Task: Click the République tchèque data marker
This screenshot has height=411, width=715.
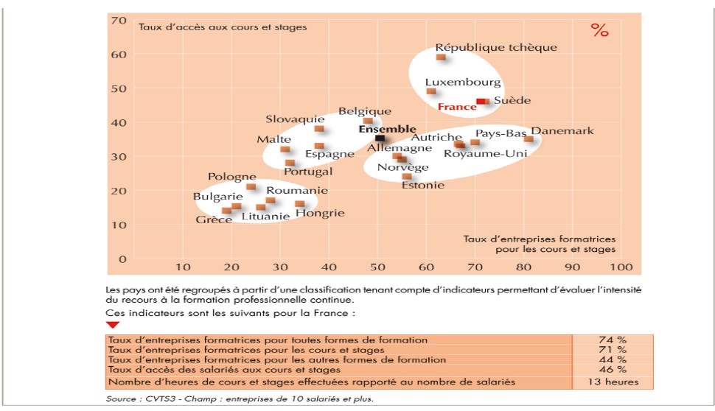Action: (x=441, y=57)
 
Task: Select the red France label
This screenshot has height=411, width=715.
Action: (x=457, y=107)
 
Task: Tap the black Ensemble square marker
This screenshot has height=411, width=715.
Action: (x=380, y=138)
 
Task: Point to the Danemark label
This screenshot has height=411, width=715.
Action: (x=562, y=131)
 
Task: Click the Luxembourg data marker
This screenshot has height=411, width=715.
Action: (x=431, y=91)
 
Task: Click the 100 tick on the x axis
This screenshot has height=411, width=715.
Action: (x=621, y=267)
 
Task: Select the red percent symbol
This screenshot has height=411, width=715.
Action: (x=600, y=31)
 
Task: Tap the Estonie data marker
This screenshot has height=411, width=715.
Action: (x=407, y=176)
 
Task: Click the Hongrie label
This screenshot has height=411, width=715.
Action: (x=320, y=214)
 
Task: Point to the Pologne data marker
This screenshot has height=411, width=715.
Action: (x=251, y=186)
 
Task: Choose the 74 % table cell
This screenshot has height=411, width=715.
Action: (x=612, y=340)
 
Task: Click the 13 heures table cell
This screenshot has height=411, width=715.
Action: (x=612, y=382)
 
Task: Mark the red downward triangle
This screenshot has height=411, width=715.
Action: (x=113, y=325)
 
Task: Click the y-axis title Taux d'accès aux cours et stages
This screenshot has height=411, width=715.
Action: (x=223, y=27)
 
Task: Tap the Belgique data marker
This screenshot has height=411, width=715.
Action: (x=368, y=121)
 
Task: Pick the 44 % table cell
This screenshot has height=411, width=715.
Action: (x=612, y=359)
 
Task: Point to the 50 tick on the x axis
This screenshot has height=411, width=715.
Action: (x=377, y=267)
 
